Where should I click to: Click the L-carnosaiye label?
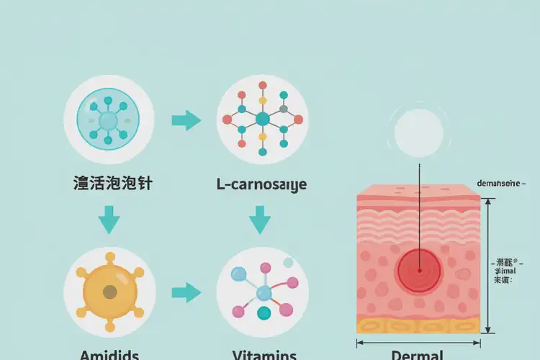(x=261, y=185)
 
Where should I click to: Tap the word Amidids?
(x=109, y=354)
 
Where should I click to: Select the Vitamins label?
(x=264, y=354)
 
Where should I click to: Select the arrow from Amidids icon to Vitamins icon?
(x=186, y=292)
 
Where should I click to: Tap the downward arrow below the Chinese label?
(x=109, y=220)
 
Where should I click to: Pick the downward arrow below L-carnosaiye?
(x=261, y=220)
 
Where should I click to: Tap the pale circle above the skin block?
(x=418, y=132)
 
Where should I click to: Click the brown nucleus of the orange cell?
(x=109, y=292)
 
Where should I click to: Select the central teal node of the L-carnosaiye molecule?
(x=262, y=119)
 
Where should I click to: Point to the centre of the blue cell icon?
(x=109, y=120)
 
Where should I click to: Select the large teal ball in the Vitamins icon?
(x=264, y=312)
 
